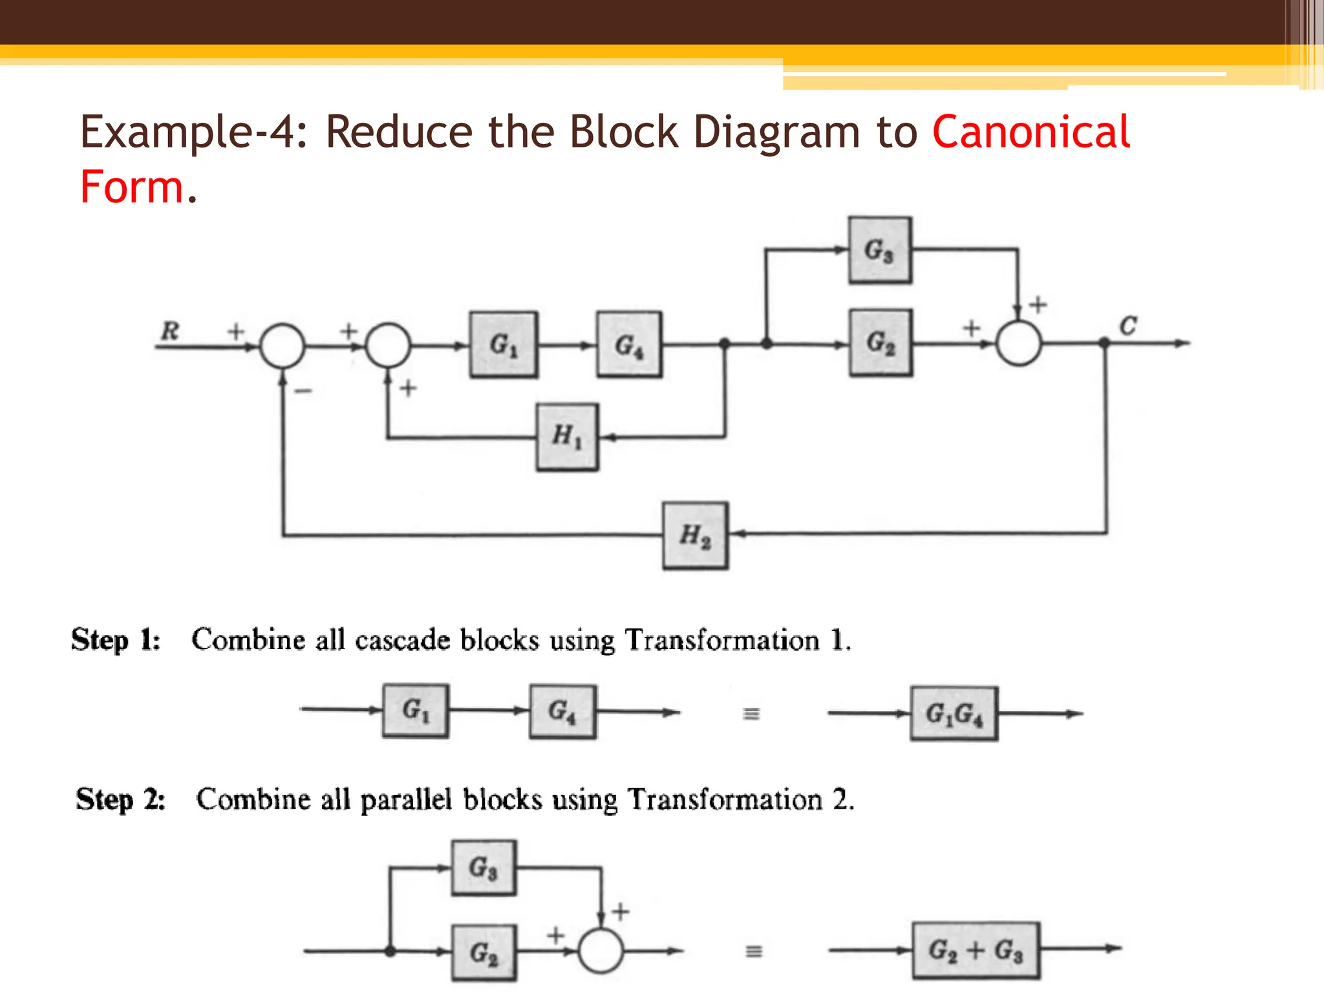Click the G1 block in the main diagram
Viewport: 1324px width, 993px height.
tap(503, 345)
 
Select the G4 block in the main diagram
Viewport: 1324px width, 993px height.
tap(629, 345)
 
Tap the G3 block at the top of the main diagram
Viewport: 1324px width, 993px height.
tap(880, 250)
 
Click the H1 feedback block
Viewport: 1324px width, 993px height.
tap(567, 437)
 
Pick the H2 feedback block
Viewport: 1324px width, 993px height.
tap(695, 535)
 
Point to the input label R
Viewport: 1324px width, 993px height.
tap(169, 331)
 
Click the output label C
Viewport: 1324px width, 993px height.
tap(1127, 326)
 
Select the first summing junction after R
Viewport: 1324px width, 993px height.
tap(282, 346)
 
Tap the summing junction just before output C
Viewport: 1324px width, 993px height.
tap(1018, 343)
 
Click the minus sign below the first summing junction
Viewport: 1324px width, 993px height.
tap(303, 390)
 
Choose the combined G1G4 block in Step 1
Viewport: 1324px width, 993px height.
tap(954, 714)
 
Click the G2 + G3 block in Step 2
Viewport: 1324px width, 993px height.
tap(976, 950)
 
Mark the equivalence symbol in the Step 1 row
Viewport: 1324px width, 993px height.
tap(751, 714)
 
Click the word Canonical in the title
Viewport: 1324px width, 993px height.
tap(1030, 132)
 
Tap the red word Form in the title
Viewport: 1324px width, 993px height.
tap(133, 187)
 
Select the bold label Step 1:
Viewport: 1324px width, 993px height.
tap(116, 640)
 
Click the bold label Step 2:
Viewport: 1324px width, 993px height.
tap(120, 800)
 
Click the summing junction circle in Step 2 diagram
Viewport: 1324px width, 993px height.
tap(601, 950)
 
